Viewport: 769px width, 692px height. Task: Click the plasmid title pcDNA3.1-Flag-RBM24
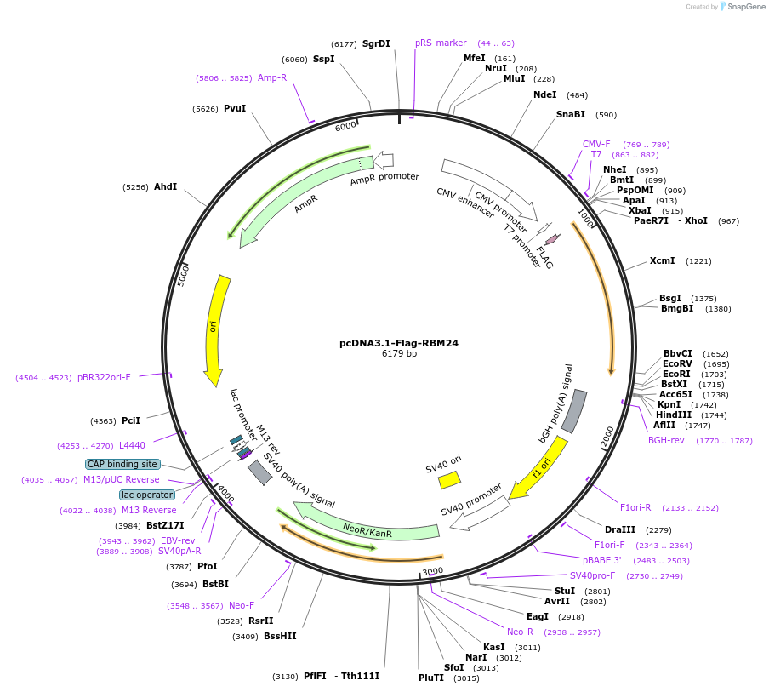399,343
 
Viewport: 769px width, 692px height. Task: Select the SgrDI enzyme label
376,43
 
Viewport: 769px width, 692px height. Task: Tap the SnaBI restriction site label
571,114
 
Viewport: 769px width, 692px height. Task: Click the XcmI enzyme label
662,261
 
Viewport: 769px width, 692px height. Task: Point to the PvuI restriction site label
234,109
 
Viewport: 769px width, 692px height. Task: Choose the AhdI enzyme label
165,186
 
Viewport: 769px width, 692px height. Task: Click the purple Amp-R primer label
272,77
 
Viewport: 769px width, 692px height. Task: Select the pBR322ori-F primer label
104,377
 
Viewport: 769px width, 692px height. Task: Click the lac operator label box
147,495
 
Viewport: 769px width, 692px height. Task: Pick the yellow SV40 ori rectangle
449,480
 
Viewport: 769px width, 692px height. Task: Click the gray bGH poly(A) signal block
574,410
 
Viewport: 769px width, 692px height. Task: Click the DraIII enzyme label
619,529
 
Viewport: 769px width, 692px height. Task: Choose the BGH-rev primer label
666,440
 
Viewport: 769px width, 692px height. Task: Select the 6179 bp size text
399,354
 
